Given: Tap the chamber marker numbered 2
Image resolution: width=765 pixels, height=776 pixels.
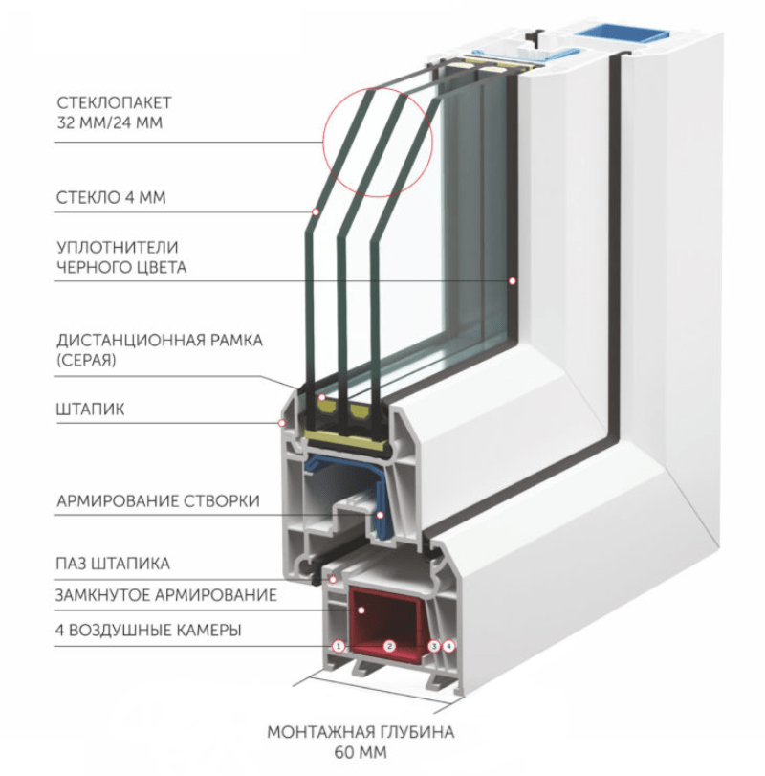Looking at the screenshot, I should pyautogui.click(x=389, y=647).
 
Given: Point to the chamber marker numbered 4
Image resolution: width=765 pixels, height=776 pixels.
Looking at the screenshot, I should pyautogui.click(x=450, y=647).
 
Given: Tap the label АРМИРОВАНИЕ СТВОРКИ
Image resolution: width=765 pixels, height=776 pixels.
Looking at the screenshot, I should pyautogui.click(x=158, y=500).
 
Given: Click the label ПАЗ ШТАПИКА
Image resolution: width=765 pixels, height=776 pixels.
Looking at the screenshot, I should pyautogui.click(x=113, y=564).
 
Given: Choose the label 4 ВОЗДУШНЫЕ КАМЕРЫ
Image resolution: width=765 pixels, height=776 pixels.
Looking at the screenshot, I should pyautogui.click(x=148, y=630).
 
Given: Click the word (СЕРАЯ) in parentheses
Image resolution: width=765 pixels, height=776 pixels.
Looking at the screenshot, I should pyautogui.click(x=87, y=361).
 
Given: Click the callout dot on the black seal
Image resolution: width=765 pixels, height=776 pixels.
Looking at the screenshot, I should pyautogui.click(x=513, y=280).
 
